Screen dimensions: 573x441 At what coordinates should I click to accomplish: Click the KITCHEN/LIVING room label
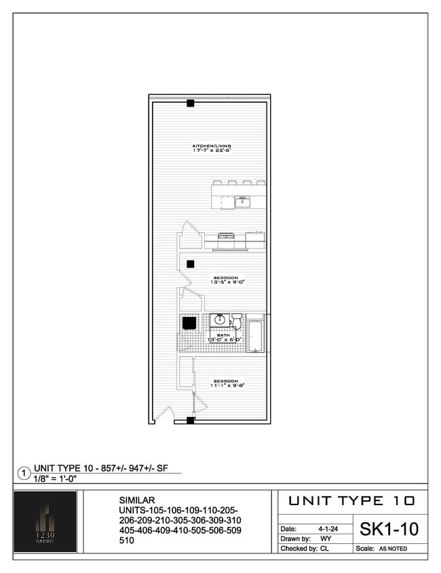coord(212,146)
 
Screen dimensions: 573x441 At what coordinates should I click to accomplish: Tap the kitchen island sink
coord(242,202)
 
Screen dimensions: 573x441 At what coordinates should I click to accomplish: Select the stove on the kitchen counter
coord(226,237)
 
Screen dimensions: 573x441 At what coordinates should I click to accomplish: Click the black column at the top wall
coord(191,103)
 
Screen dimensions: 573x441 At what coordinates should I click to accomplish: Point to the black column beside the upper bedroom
coord(191,264)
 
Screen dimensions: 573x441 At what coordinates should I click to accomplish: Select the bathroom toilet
coord(235,320)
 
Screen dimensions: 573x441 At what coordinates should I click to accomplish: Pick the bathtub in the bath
coord(256,335)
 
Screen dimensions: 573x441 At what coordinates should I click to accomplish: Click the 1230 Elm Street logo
coord(45,521)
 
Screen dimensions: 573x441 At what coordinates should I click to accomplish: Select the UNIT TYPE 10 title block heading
coord(351,501)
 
